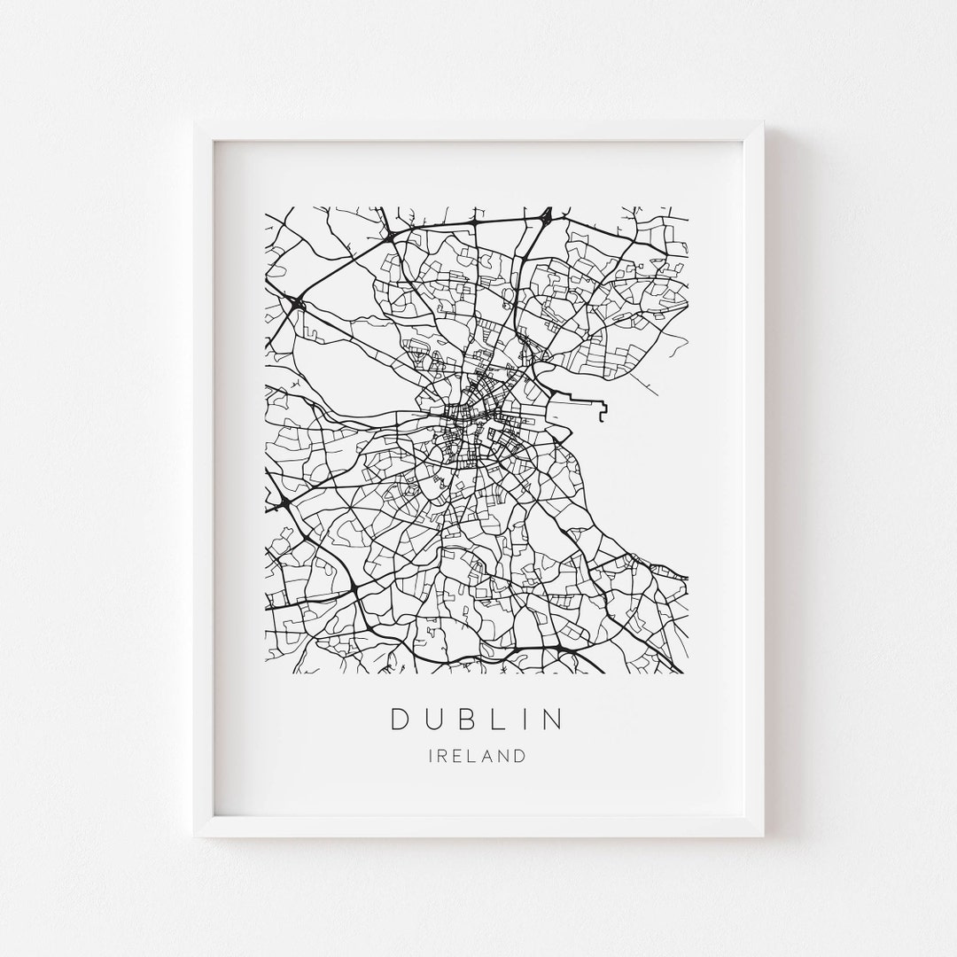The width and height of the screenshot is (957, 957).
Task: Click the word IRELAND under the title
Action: point(477,756)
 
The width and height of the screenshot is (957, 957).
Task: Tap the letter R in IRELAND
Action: point(442,756)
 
